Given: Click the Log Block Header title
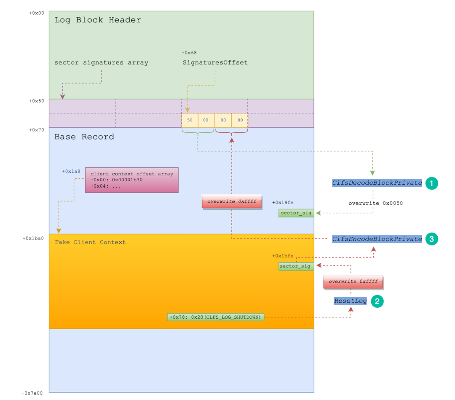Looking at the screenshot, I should (x=98, y=20).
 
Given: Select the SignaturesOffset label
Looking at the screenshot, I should (x=215, y=62).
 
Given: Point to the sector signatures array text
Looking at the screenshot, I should (x=101, y=62).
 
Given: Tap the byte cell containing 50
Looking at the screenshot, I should (x=190, y=120).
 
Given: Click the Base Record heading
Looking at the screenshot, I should (x=84, y=137).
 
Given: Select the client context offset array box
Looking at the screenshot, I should (x=131, y=180).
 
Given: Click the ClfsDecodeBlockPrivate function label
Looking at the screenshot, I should (x=377, y=183).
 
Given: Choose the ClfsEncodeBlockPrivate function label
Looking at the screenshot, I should (x=377, y=239).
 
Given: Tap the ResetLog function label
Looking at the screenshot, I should (x=350, y=301).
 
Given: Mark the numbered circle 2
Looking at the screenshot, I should (x=377, y=301).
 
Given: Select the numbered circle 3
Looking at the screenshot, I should (x=432, y=239).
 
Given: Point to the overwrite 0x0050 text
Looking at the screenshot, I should (x=375, y=203).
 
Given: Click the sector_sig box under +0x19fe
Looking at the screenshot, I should (x=296, y=213).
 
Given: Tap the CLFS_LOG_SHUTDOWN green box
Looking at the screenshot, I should (x=216, y=317).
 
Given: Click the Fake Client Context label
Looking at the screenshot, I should (x=90, y=242).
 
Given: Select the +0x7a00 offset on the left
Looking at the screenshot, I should (x=32, y=393).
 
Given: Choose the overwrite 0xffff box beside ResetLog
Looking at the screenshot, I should (x=353, y=282).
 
